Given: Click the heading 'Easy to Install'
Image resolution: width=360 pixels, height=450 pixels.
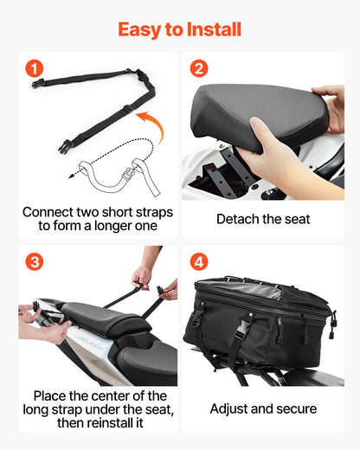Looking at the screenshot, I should click(179, 29).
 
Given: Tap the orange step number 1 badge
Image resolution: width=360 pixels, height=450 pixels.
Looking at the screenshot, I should click(34, 69).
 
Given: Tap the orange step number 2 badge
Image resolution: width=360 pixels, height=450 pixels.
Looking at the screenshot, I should click(199, 69).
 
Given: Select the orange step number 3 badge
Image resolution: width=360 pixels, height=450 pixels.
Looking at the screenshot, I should click(34, 261).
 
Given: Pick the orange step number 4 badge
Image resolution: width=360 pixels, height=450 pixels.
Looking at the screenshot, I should click(199, 261).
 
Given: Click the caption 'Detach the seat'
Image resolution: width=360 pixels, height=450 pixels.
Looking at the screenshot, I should click(263, 219).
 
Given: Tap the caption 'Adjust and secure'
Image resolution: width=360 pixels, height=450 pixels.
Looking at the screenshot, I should click(263, 408).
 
